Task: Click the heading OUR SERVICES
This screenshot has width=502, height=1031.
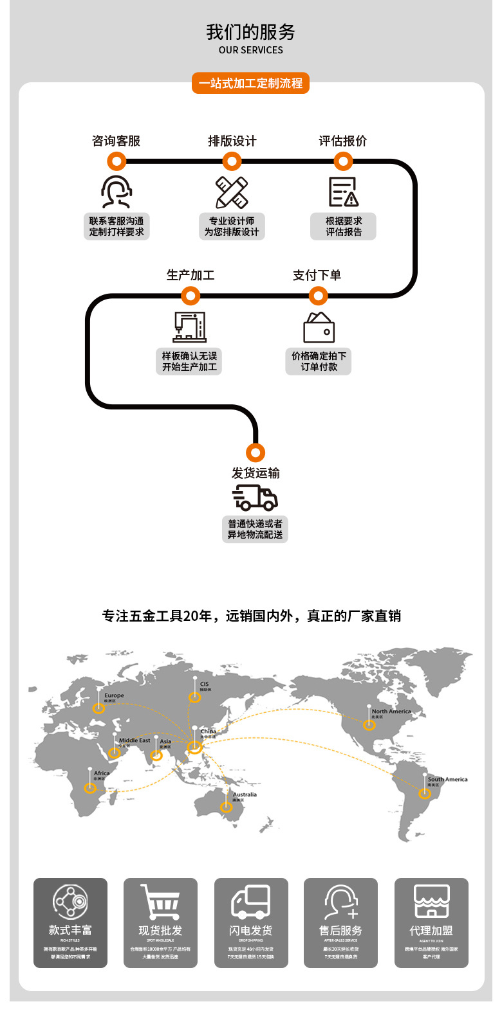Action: click(x=250, y=50)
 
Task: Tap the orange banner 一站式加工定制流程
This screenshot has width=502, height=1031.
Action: click(x=250, y=84)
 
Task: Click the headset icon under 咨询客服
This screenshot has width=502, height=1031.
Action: click(x=116, y=192)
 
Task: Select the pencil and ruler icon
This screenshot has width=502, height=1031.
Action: click(x=232, y=192)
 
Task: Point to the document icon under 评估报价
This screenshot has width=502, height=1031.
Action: click(x=343, y=192)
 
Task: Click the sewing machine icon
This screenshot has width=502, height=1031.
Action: click(x=190, y=327)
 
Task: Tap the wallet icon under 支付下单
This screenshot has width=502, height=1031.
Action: click(x=319, y=327)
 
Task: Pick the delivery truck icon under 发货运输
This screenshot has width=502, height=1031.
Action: click(x=255, y=497)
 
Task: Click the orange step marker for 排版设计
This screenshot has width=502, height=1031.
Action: click(x=232, y=161)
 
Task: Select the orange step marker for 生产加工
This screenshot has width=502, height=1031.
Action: click(x=191, y=296)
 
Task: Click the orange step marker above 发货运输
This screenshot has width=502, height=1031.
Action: click(x=256, y=452)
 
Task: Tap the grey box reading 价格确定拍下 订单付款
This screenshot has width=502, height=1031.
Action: click(x=319, y=361)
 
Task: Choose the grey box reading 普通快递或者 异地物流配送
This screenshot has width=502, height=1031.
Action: click(x=255, y=529)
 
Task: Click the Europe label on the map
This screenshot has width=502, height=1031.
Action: click(x=114, y=695)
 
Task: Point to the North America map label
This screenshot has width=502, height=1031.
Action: click(x=391, y=712)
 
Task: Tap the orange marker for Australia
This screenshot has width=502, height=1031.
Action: click(x=226, y=807)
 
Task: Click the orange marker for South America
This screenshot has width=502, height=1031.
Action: click(x=425, y=794)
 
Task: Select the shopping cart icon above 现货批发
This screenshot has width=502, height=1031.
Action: click(x=160, y=902)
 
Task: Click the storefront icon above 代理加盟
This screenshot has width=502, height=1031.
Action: click(x=431, y=901)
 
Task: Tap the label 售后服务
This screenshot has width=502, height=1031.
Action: click(x=340, y=931)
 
